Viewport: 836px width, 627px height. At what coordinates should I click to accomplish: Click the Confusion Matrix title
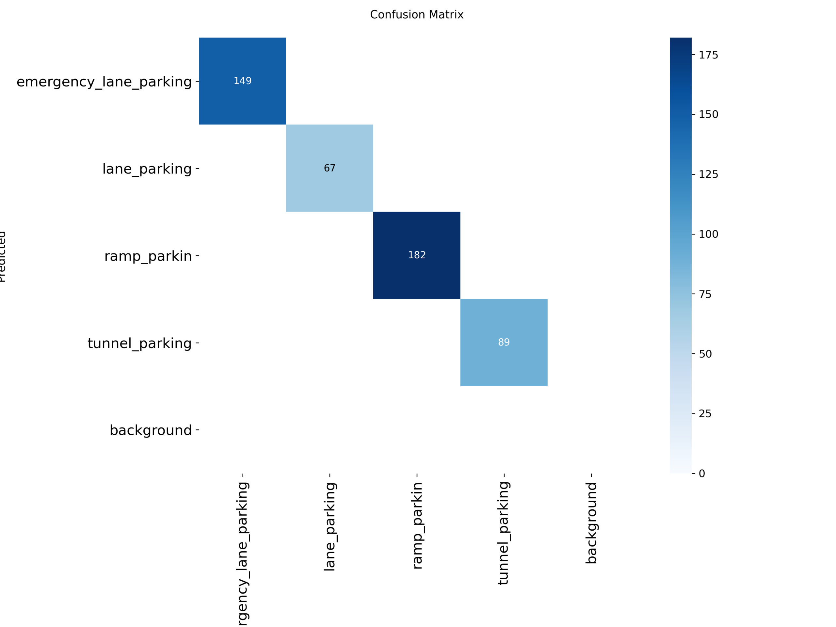point(416,15)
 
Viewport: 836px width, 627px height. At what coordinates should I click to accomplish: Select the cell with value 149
point(242,81)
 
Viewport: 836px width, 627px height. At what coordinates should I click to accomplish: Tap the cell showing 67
point(330,168)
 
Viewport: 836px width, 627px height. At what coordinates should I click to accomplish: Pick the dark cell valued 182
point(416,255)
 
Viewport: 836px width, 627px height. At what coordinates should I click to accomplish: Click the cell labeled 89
point(504,343)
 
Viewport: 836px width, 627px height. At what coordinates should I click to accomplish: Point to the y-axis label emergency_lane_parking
point(104,82)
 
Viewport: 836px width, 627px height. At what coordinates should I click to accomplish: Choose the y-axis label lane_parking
point(147,169)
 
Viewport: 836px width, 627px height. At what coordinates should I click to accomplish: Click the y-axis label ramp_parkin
point(148,256)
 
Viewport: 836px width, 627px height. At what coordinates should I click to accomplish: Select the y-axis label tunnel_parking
point(139,343)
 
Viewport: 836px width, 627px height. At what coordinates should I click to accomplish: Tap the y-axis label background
point(151,430)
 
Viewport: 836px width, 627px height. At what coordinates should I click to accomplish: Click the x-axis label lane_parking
point(330,526)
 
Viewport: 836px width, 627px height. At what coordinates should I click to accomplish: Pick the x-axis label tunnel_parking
point(504,533)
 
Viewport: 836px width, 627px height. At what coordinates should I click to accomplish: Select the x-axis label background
point(591,523)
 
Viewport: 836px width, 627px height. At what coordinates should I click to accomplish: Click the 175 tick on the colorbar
point(708,55)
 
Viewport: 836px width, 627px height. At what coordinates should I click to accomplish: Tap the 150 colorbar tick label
point(708,115)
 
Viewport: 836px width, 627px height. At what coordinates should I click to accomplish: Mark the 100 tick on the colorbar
point(708,234)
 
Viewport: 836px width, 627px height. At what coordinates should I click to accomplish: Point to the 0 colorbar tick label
point(702,474)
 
